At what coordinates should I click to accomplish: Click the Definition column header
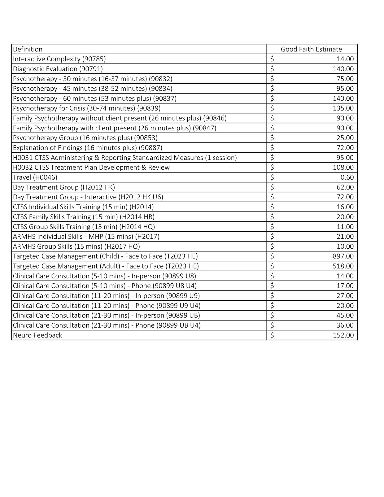click(x=28, y=49)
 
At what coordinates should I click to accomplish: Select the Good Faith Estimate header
click(x=311, y=49)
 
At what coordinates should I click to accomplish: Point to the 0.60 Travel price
click(x=347, y=177)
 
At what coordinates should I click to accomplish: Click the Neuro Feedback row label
click(x=37, y=335)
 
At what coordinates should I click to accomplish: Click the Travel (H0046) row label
click(x=35, y=177)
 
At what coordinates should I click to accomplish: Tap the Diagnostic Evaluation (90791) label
click(x=58, y=69)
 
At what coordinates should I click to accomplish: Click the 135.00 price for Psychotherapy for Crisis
click(x=343, y=108)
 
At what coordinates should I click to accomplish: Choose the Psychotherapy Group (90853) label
click(x=85, y=138)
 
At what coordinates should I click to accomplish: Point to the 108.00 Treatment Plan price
click(x=343, y=168)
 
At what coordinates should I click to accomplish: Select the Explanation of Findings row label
click(x=88, y=148)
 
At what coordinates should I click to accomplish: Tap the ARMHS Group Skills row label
click(x=76, y=246)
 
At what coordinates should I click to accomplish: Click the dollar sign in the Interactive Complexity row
click(x=272, y=59)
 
